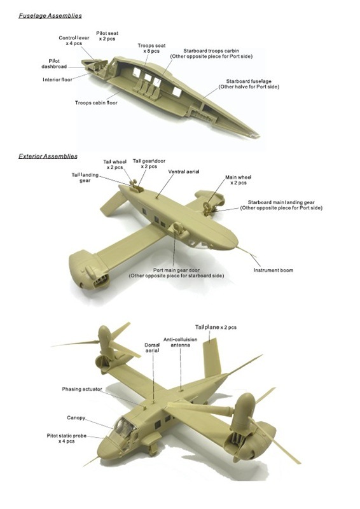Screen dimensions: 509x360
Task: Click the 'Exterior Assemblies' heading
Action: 48,156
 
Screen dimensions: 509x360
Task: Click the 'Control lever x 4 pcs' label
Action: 73,41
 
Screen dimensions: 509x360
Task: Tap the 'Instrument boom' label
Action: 273,270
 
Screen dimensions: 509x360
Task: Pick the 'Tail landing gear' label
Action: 81,178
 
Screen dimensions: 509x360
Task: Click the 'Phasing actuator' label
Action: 83,389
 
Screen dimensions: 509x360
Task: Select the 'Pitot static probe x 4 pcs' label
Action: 66,438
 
